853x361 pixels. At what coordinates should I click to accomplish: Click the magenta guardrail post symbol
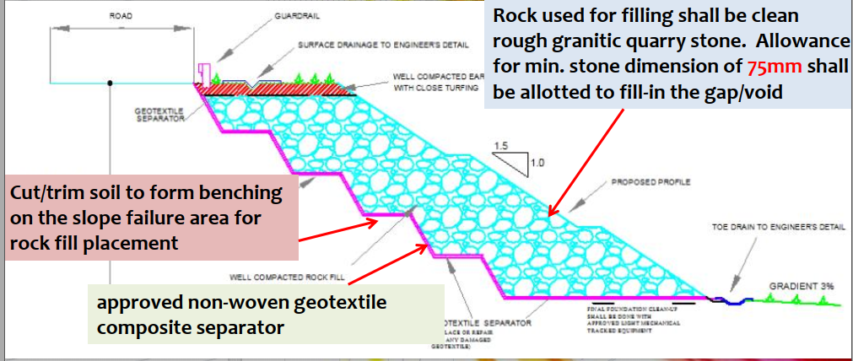coord(203,73)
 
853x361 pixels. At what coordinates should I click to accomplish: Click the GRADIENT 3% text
coord(801,287)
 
